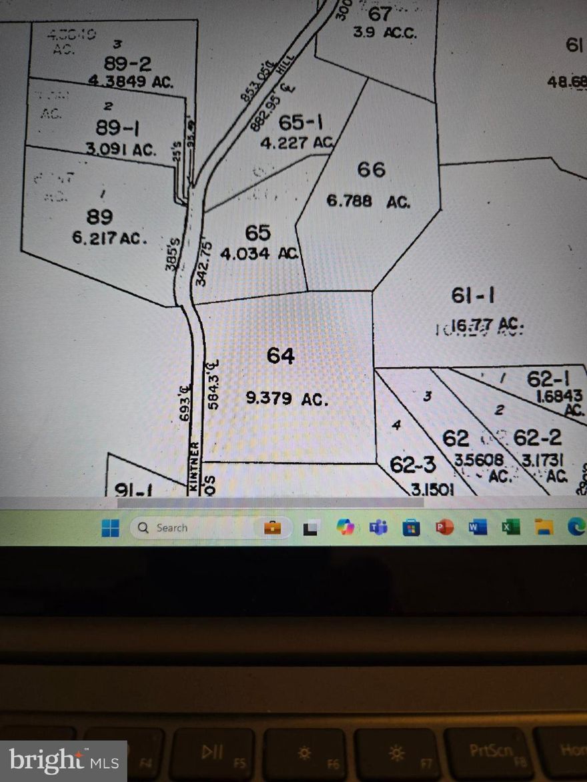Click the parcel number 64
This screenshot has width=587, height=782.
[x=280, y=356]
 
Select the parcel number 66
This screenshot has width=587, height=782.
[x=371, y=169]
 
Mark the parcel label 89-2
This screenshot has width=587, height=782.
[x=127, y=63]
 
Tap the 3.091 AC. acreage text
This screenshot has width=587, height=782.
[x=121, y=149]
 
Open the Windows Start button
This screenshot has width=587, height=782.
[x=109, y=528]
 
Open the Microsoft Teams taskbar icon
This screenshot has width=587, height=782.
[x=378, y=528]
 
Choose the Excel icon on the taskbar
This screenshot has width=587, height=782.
[x=510, y=528]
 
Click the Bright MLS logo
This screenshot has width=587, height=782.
[x=63, y=761]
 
